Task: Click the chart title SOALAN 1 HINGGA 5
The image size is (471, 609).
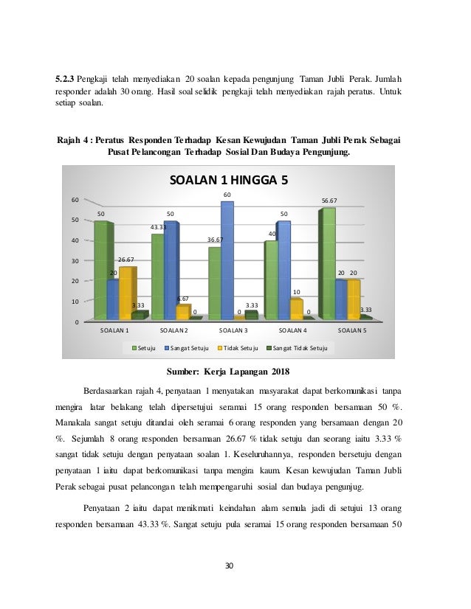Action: pyautogui.click(x=228, y=180)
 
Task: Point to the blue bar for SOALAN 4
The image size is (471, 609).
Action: pyautogui.click(x=283, y=270)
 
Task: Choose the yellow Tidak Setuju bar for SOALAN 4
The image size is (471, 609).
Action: pyautogui.click(x=295, y=308)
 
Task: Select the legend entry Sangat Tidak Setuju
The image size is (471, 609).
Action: pyautogui.click(x=298, y=347)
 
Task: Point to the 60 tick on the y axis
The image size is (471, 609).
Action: pyautogui.click(x=75, y=200)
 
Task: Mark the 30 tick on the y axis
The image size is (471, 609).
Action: pyautogui.click(x=75, y=261)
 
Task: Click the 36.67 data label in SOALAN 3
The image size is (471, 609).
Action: pyautogui.click(x=215, y=240)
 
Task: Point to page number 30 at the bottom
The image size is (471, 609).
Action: pyautogui.click(x=229, y=565)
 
